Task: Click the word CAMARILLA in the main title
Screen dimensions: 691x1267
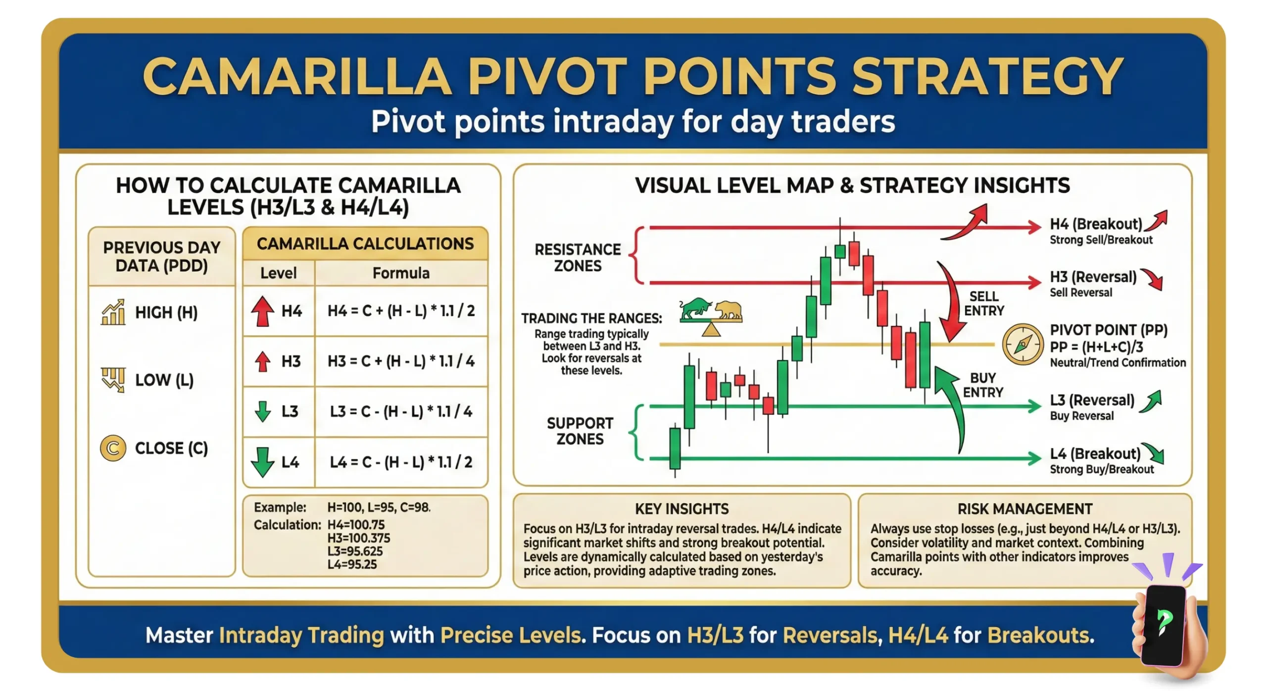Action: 297,77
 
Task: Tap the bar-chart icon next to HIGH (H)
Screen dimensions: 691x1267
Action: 113,312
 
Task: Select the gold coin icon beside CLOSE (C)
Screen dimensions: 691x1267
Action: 113,448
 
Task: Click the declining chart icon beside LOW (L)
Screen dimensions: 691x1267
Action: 113,380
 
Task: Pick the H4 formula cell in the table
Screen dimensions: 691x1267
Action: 401,311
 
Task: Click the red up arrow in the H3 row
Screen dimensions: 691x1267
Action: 263,361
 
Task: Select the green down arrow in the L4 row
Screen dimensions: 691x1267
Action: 262,462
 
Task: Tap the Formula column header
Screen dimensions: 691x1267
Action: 401,273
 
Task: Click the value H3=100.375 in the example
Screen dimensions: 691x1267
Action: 359,538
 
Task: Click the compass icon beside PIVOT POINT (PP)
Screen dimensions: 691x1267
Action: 1023,345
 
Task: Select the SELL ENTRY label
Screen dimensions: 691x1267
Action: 984,303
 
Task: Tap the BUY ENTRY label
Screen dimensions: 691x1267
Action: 983,385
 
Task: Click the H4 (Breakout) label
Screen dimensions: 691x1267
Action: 1096,224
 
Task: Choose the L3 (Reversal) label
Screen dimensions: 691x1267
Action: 1092,400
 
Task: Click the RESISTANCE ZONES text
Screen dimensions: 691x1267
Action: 578,257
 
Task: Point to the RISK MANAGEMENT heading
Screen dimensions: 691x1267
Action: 1024,509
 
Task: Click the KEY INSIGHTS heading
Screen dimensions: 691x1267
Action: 682,509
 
